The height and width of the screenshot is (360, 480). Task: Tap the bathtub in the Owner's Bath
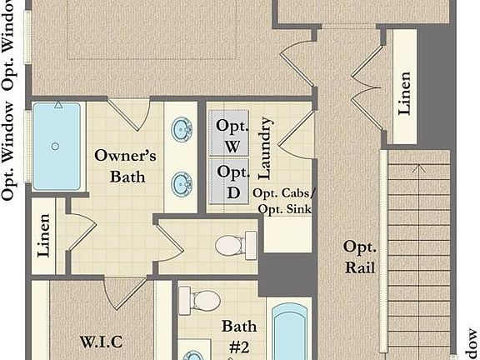pyautogui.click(x=57, y=146)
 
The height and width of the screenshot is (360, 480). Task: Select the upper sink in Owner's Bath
pyautogui.click(x=182, y=129)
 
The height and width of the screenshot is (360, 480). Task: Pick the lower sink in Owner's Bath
pyautogui.click(x=182, y=183)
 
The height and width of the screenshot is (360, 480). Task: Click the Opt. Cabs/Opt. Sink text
pyautogui.click(x=282, y=201)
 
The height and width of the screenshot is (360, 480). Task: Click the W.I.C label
pyautogui.click(x=101, y=342)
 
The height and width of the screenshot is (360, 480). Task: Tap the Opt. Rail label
pyautogui.click(x=360, y=257)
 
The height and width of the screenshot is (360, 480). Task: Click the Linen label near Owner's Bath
pyautogui.click(x=44, y=236)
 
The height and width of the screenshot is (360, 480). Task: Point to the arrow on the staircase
pyautogui.click(x=420, y=169)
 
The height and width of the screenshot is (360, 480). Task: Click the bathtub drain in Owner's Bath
pyautogui.click(x=55, y=147)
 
